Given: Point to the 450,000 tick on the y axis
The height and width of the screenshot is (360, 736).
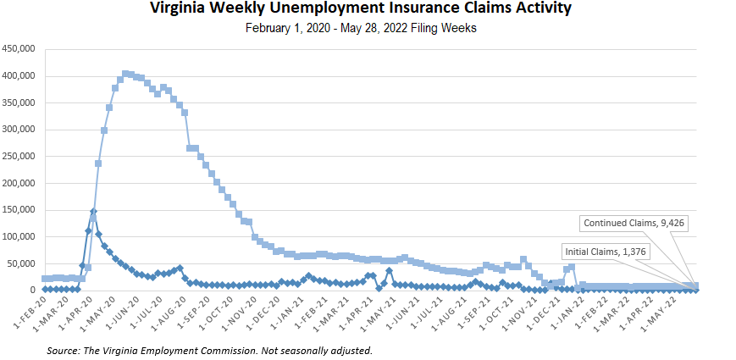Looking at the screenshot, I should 18,49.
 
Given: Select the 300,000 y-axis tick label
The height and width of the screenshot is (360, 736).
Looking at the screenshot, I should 18,130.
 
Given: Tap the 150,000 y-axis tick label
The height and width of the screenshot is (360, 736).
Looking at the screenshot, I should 18,210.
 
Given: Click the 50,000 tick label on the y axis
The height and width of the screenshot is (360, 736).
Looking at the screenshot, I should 20,263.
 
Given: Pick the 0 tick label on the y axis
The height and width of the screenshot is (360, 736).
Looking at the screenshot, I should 32,291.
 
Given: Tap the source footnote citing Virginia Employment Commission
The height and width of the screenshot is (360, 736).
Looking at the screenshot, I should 209,350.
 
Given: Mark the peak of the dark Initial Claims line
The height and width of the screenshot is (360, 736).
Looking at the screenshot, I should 93,212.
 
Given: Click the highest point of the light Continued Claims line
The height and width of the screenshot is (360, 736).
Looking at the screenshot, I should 125,74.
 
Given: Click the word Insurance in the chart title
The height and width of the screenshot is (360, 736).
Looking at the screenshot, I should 384,9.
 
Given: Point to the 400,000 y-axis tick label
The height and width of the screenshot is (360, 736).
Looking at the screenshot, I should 18,76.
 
